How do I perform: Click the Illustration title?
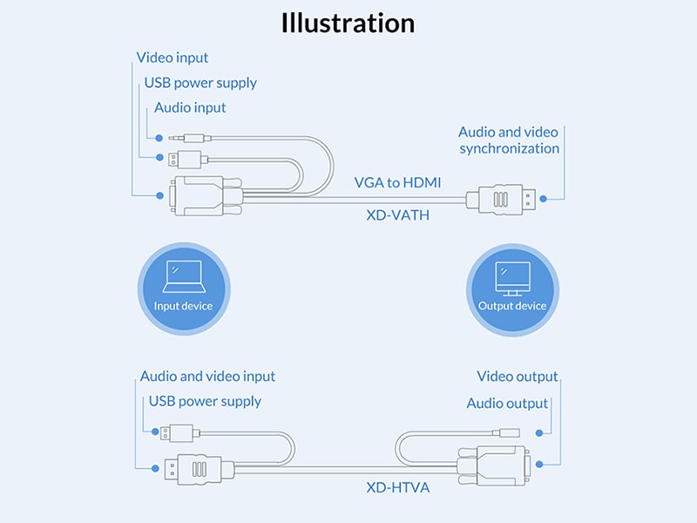coord(348,23)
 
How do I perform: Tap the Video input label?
coord(173,58)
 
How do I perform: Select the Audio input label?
coord(190,108)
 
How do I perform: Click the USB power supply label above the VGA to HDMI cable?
coord(200,83)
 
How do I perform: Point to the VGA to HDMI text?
coord(397,182)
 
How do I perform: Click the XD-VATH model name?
coord(397,213)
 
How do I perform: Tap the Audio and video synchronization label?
coord(509,140)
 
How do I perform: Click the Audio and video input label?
coord(207,377)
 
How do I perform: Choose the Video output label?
coord(518,377)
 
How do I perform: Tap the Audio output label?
coord(507,404)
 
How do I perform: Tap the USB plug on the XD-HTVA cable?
coord(180,431)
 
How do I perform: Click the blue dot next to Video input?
coord(159,196)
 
